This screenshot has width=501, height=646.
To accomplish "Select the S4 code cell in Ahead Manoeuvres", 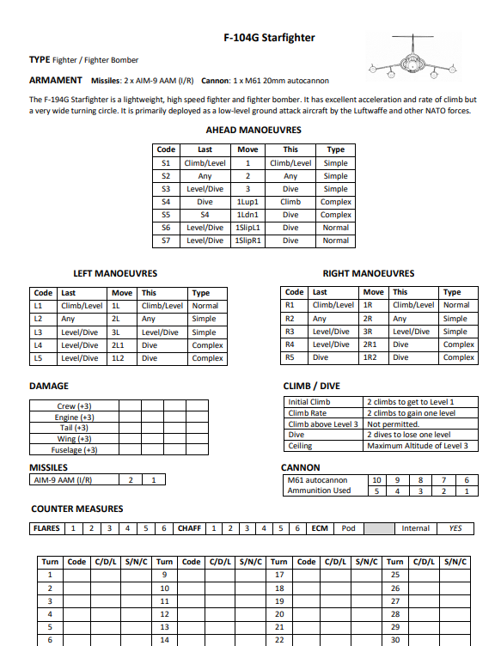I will (166, 202).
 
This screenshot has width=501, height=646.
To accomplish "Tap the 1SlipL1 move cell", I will (247, 228).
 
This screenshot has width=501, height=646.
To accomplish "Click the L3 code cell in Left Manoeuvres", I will (38, 332).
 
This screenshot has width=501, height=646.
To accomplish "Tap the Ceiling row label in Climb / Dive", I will (301, 446).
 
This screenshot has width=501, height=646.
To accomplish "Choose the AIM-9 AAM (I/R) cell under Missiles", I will (61, 480).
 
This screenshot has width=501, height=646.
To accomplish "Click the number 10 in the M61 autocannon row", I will (376, 480).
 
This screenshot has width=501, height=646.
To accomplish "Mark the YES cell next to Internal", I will (455, 528).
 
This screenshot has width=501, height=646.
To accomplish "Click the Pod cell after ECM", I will (349, 528).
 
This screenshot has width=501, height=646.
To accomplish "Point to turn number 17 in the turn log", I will (279, 575).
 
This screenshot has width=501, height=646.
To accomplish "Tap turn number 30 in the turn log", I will (395, 640).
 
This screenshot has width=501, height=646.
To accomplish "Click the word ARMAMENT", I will (56, 81).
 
